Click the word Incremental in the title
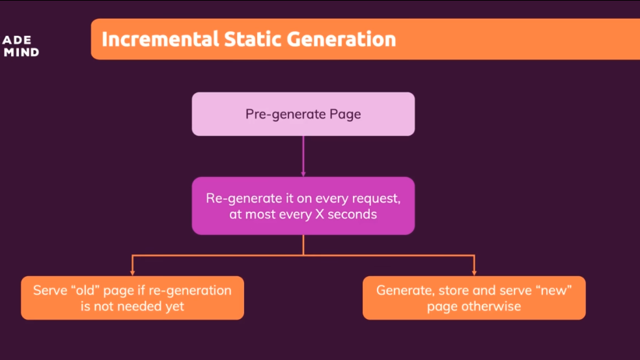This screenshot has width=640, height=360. coord(160,39)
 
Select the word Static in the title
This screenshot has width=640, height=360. coord(253,39)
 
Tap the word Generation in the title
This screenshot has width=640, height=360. coord(341,39)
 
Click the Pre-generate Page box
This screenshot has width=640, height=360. coord(303,114)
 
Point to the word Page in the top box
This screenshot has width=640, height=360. coord(345,115)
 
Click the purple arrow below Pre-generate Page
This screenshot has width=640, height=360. coord(303,156)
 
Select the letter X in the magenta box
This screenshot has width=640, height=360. coord(320,214)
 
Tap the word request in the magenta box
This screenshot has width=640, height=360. coord(376,199)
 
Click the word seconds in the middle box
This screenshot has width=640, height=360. coord(352,214)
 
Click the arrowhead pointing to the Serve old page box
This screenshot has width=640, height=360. coord(132,272)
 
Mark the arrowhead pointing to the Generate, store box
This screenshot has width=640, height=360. coord(474,272)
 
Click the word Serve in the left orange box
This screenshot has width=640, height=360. coord(50,290)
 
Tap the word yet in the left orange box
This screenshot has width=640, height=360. coord(174,307)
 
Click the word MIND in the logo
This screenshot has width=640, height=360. coord(21,52)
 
